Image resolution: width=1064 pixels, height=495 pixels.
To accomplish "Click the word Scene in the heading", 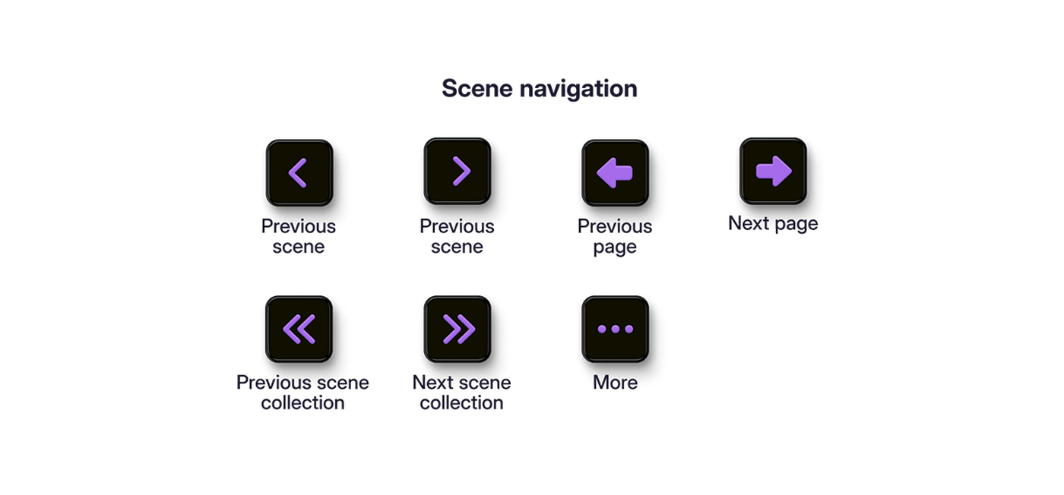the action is tap(477, 89).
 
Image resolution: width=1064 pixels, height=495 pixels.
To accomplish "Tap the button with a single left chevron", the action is tap(299, 173).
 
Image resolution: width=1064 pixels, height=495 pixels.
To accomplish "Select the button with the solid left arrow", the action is tap(615, 173).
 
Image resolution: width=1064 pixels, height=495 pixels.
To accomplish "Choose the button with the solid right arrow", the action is tap(774, 172).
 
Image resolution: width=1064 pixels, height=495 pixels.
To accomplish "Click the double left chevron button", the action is tap(299, 329).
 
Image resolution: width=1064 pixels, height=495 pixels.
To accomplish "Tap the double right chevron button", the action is tap(458, 329).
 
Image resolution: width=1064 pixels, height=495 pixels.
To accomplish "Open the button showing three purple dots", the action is tap(615, 329).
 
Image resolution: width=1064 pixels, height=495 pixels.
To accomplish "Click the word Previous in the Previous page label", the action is tap(615, 226).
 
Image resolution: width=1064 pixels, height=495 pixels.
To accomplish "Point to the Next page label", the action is tap(774, 224).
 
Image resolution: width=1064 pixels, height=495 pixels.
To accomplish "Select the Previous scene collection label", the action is tap(302, 393).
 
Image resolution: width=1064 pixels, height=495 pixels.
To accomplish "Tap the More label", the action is tap(615, 383).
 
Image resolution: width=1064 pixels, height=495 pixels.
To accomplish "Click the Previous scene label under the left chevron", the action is tap(298, 236).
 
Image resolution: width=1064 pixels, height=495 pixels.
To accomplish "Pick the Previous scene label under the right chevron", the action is tap(457, 236).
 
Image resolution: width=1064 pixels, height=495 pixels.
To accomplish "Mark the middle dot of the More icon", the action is tap(616, 329).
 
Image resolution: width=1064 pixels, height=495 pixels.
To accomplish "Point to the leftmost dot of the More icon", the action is tap(602, 329).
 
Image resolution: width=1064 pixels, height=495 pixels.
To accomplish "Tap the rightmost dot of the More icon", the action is tap(629, 329).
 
